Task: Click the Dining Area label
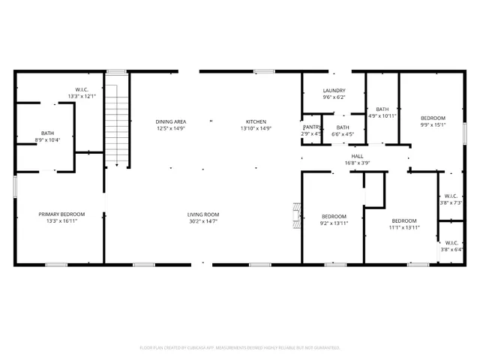coord(171,121)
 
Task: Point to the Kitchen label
coord(256,121)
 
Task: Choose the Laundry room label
coord(333,90)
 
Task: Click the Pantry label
coord(312,127)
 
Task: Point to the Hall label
coord(357,156)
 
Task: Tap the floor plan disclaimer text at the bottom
coord(240,347)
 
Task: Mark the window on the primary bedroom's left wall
coord(15,187)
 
